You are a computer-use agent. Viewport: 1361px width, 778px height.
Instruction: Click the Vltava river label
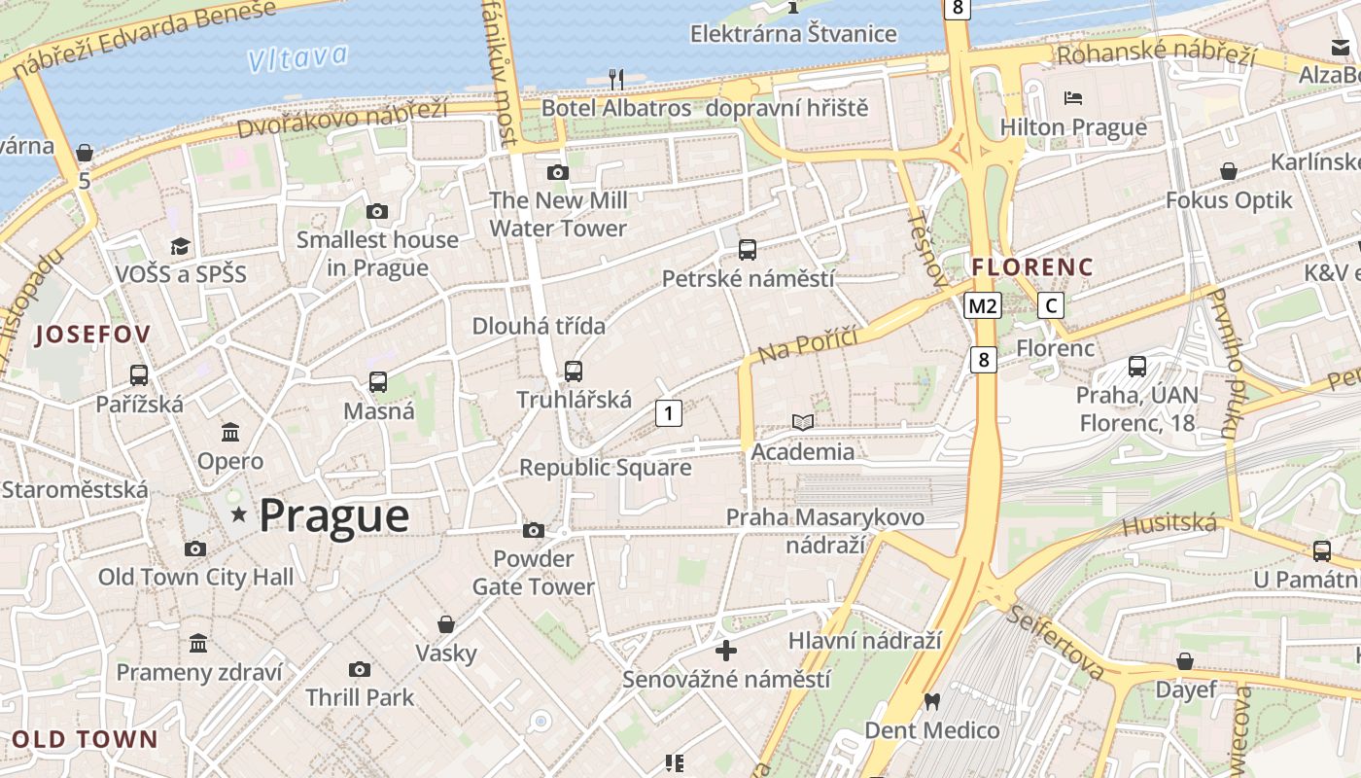click(x=297, y=57)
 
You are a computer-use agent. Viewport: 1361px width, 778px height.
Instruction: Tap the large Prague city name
click(x=333, y=515)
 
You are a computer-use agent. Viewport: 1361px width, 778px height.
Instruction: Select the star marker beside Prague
click(x=238, y=513)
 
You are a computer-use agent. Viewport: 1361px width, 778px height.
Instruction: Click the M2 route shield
click(x=983, y=306)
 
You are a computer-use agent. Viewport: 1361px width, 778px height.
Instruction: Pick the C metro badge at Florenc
click(x=1050, y=306)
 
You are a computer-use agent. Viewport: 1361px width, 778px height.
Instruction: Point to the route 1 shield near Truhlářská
click(x=668, y=413)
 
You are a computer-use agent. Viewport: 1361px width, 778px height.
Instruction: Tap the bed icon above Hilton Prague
click(x=1073, y=97)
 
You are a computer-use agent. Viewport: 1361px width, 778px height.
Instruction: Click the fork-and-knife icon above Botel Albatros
click(x=615, y=78)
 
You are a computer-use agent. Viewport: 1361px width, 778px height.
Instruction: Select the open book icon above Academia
click(x=803, y=422)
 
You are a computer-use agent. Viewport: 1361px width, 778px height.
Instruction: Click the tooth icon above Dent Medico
click(x=931, y=701)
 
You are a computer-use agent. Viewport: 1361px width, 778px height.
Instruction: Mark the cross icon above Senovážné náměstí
click(x=726, y=650)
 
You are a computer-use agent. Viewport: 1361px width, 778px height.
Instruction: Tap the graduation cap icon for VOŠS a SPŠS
click(x=180, y=245)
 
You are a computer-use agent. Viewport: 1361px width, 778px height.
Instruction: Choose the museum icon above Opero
click(x=230, y=432)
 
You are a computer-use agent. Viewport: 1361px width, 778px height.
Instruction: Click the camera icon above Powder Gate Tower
click(x=533, y=530)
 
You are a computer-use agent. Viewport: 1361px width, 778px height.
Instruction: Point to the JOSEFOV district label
click(x=93, y=336)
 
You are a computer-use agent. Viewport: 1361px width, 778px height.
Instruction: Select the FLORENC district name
click(x=1032, y=267)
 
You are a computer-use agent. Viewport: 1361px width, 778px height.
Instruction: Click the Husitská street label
click(x=1169, y=526)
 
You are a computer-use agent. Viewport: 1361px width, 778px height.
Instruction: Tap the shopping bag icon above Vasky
click(x=446, y=623)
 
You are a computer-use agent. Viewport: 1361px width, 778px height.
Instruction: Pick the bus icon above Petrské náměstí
click(x=748, y=250)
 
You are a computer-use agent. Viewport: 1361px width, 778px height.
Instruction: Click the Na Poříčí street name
click(x=807, y=344)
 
